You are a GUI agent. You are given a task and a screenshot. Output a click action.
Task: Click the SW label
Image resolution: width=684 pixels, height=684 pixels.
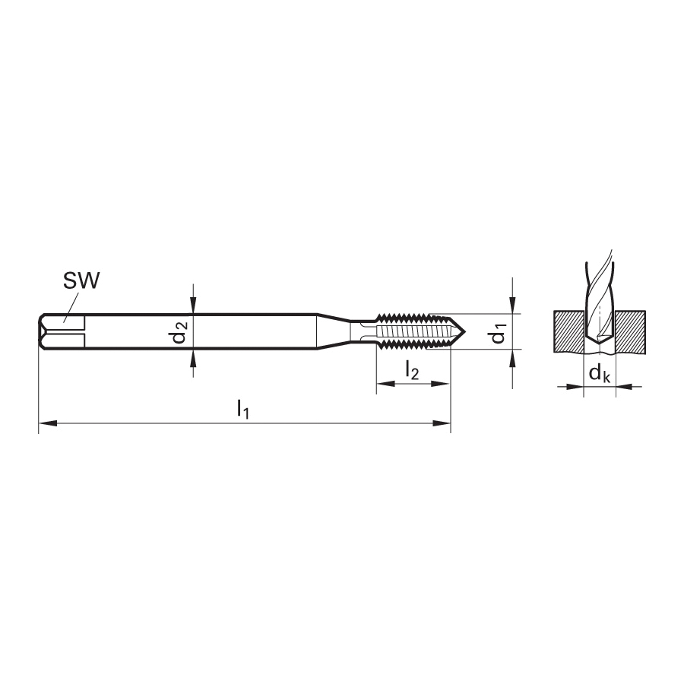pyautogui.click(x=81, y=280)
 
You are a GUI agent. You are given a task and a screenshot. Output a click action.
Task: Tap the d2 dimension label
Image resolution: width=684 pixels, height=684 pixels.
pyautogui.click(x=179, y=331)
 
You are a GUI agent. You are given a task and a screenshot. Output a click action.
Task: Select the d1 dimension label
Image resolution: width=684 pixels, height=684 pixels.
pyautogui.click(x=498, y=332)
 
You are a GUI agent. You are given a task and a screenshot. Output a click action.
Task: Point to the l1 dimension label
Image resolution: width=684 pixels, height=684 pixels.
pyautogui.click(x=242, y=410)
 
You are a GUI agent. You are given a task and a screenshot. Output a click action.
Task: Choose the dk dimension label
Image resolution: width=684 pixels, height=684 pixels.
pyautogui.click(x=600, y=373)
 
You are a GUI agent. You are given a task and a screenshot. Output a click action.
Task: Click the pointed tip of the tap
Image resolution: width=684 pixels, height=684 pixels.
pyautogui.click(x=465, y=331)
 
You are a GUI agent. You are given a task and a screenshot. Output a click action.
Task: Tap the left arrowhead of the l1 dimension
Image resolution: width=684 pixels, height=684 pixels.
pyautogui.click(x=48, y=423)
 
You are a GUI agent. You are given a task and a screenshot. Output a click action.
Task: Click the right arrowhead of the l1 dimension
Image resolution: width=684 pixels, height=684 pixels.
pyautogui.click(x=441, y=423)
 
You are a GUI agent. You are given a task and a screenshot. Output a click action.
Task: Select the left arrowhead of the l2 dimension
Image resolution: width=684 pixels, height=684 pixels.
pyautogui.click(x=385, y=384)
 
